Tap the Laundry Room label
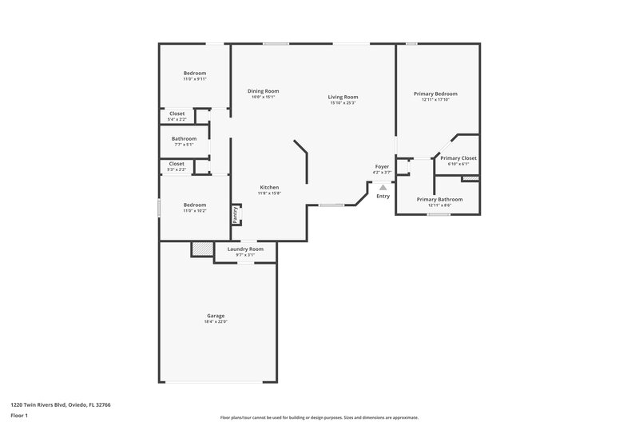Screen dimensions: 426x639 coord(245,249)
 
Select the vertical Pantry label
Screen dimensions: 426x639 coord(236,214)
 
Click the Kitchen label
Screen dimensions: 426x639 coord(268,187)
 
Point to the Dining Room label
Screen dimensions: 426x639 coord(263,91)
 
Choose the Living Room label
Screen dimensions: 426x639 coord(343,97)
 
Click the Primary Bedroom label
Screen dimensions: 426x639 coord(435,94)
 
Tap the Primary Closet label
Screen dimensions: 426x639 coord(458,157)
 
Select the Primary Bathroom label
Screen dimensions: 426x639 coord(439,199)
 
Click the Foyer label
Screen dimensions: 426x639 coord(382,166)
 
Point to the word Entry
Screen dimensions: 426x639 coord(383,196)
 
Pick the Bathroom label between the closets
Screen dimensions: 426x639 coord(184,138)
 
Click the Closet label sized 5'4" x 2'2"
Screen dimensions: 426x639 coord(177,113)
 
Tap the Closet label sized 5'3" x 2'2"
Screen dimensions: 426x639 coord(177,164)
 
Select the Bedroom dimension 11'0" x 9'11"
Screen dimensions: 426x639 coord(195,79)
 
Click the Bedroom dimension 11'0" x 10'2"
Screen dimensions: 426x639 coord(195,210)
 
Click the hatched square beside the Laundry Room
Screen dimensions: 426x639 coord(202,249)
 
